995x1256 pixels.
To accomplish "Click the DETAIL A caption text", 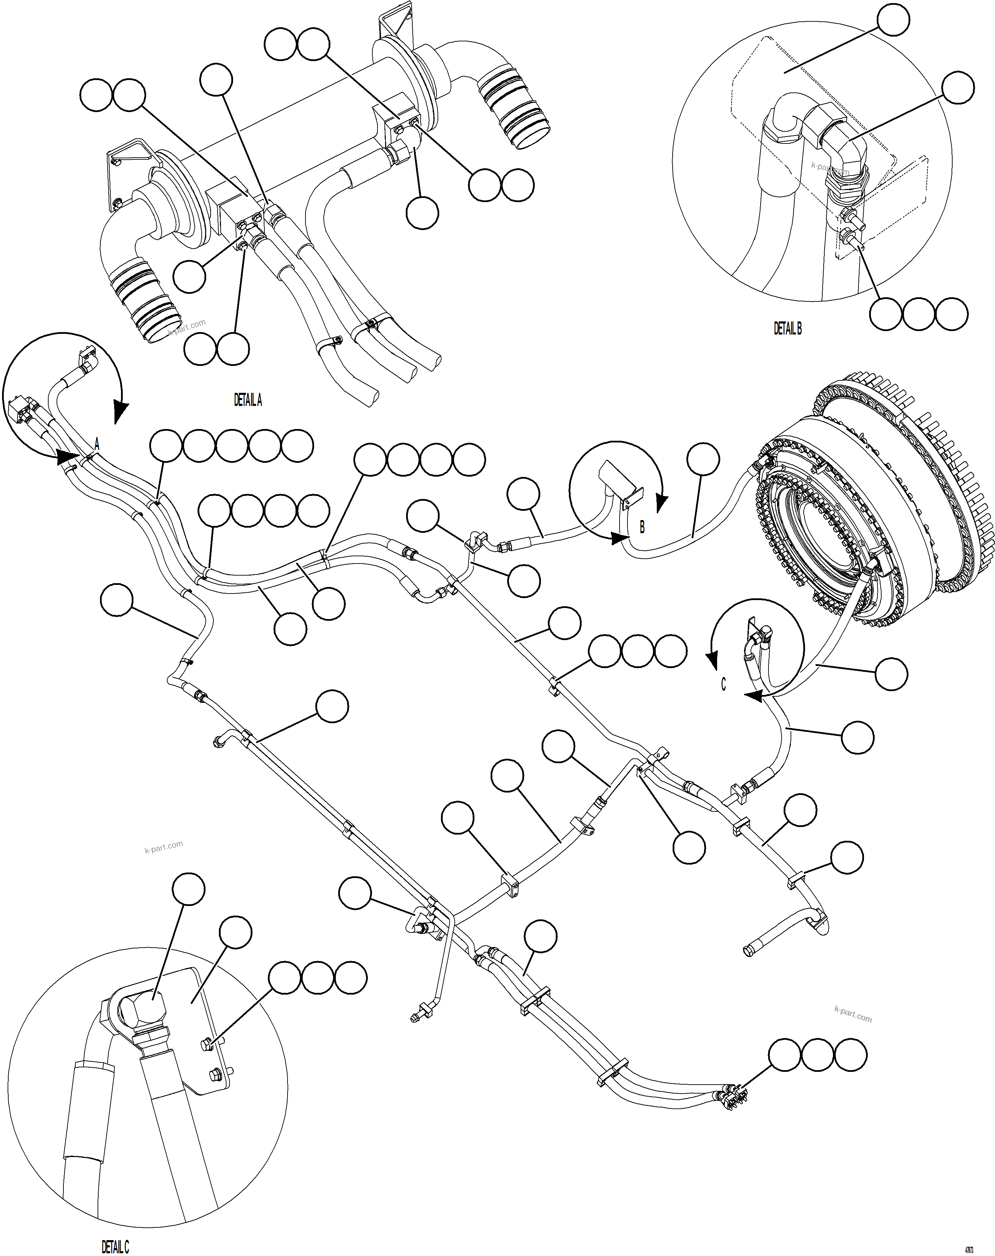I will tap(248, 400).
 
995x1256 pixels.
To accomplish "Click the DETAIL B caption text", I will tap(787, 329).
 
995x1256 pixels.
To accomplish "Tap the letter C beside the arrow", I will tap(724, 685).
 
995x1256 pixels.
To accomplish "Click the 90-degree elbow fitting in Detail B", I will tap(839, 140).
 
